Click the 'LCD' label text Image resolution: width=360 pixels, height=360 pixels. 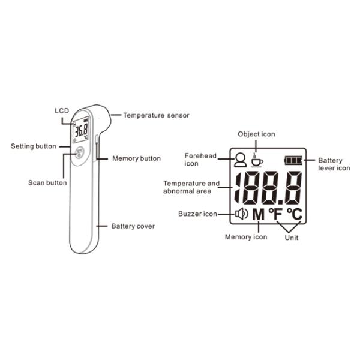coord(62,110)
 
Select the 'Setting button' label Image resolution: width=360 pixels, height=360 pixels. coord(34,146)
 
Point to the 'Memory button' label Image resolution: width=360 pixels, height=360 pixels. coord(137,158)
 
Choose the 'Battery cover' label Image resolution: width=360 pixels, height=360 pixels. coord(133,226)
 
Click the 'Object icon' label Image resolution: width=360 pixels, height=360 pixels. coord(256,134)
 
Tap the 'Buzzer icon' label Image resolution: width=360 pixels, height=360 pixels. coord(197,214)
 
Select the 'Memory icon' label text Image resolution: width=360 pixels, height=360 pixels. coord(246,237)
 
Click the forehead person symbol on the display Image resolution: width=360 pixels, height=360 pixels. coord(241,160)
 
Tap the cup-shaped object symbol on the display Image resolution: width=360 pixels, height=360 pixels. coord(257,160)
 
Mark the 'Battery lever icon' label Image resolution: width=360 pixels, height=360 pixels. coord(334,164)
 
